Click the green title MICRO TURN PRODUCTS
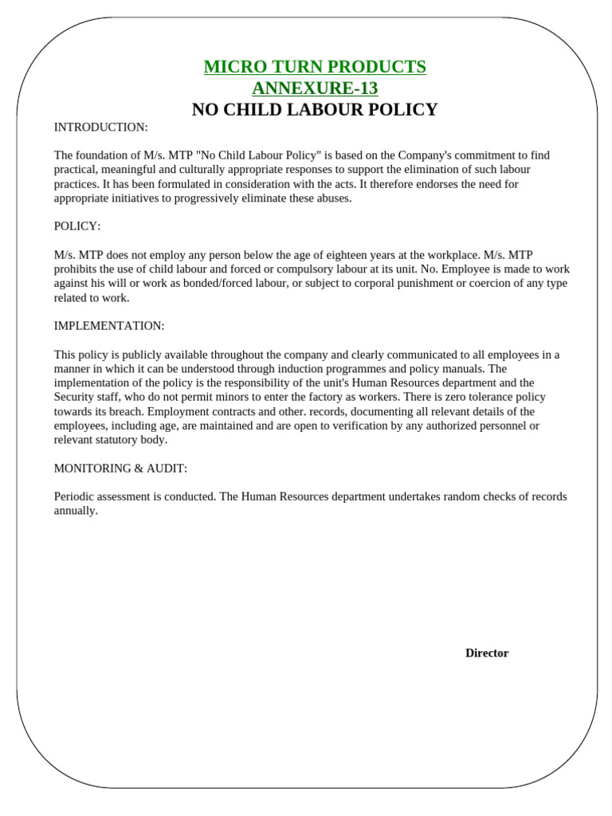(315, 67)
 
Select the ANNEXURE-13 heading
(315, 88)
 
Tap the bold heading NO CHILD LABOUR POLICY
(315, 110)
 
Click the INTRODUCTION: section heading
(100, 127)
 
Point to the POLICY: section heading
(77, 226)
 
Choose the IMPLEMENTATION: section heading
(109, 326)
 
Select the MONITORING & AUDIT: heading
(120, 469)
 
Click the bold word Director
(487, 653)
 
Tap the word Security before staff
(75, 397)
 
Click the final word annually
(76, 511)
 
